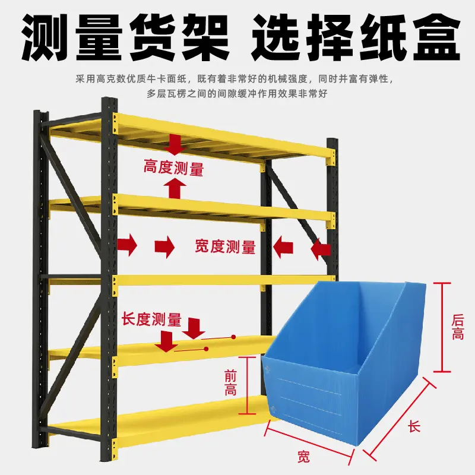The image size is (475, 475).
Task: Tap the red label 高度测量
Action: pos(173,169)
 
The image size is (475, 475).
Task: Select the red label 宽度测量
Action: pos(225,246)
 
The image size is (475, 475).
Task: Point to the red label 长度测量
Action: pos(151,319)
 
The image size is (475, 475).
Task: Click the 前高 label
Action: pos(230,383)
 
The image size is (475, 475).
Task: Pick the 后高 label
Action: pos(458,327)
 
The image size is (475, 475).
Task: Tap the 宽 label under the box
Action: pos(303,456)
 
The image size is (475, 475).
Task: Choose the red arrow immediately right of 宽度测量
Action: pos(283,246)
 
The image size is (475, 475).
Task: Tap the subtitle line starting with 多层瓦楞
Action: pos(237,93)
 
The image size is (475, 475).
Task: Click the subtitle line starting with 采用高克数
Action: pos(237,78)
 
